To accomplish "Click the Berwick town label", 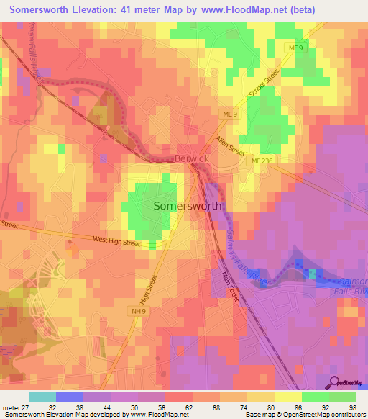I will tap(191, 158).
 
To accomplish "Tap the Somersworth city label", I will tap(188, 206).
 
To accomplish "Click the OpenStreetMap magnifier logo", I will tap(333, 383).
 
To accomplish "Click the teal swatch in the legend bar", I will tap(42, 397).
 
